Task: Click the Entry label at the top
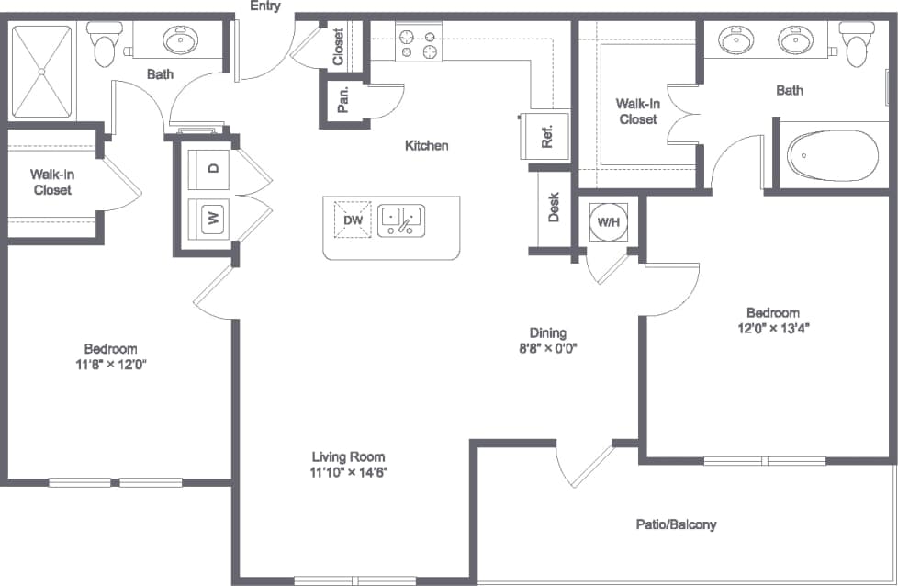(265, 7)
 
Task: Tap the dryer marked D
(213, 168)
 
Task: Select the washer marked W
(213, 219)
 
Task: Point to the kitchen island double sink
(401, 220)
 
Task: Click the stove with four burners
(418, 43)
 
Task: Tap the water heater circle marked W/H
(608, 222)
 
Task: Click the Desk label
(554, 207)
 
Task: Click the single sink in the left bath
(181, 39)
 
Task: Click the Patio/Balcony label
(676, 524)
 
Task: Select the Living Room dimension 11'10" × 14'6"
(348, 473)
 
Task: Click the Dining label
(547, 332)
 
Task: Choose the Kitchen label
(427, 145)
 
